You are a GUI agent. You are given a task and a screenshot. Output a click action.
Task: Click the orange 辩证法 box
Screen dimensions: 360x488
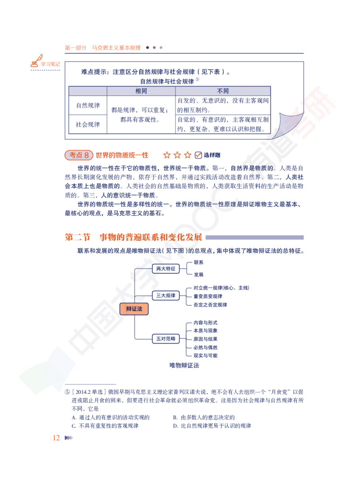pos(134,309)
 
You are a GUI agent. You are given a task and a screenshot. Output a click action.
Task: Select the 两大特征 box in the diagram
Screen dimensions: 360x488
pos(166,269)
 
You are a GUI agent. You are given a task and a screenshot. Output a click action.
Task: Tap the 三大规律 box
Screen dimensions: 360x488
pos(166,295)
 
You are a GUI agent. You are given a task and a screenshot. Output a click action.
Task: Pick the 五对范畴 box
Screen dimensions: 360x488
pos(166,339)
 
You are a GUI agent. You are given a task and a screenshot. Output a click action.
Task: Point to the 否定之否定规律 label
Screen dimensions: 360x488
pos(210,305)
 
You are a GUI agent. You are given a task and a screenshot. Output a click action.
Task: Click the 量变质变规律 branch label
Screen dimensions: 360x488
pos(208,296)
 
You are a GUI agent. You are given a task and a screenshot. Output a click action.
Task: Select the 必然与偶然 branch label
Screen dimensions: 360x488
pos(205,348)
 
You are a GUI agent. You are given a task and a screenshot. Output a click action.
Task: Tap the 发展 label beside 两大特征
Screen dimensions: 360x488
pos(198,275)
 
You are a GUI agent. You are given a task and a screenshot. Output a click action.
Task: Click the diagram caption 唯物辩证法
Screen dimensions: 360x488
pos(184,366)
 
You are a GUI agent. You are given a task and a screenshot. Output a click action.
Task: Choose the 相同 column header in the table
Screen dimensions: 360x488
pos(141,91)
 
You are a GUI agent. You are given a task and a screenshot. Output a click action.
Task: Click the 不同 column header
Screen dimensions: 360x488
pos(223,91)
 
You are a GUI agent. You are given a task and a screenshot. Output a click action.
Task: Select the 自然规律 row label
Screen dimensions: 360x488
pos(88,105)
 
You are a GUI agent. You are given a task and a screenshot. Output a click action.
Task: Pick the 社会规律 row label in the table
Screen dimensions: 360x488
pos(88,125)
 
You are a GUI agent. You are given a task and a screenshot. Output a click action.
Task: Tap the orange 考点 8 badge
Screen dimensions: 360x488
pos(79,155)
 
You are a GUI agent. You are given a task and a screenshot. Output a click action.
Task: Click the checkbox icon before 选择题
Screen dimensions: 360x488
pos(198,155)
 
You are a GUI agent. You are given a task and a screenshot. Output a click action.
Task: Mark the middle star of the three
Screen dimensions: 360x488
pos(177,155)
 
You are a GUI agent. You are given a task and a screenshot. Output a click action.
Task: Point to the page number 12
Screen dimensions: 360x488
pos(56,438)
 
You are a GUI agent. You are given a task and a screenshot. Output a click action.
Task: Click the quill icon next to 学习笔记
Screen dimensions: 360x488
pos(36,61)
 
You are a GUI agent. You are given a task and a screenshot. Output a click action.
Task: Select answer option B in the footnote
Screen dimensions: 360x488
pos(204,417)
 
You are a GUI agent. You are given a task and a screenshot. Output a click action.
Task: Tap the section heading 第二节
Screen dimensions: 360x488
pos(77,237)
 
